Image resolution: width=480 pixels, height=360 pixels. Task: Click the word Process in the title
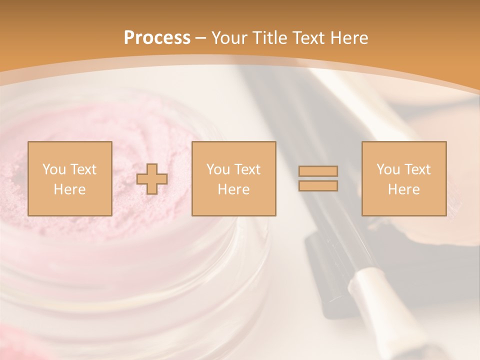(x=157, y=38)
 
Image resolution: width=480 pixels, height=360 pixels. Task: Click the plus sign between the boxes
(x=152, y=179)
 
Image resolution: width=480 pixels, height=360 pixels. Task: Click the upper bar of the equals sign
(x=318, y=171)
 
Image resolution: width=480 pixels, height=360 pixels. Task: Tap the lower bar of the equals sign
(x=318, y=186)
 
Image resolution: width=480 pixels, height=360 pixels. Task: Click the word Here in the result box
(x=403, y=189)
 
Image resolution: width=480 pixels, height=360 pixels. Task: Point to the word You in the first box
(x=54, y=169)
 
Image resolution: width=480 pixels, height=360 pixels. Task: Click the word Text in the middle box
(x=247, y=169)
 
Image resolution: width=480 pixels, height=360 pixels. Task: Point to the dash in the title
(x=201, y=38)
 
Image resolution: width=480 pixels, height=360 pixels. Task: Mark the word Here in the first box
(x=69, y=189)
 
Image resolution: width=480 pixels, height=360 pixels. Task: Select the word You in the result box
(x=388, y=169)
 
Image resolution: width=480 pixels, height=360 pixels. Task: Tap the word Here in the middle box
(x=233, y=189)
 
